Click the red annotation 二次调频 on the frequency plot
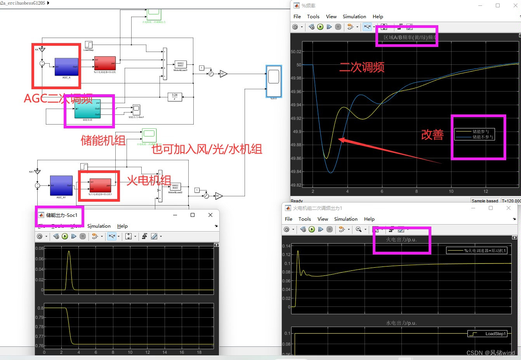coord(362,67)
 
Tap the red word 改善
coord(432,135)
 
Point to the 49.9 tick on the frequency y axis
coord(297,132)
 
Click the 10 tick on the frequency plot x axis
coord(451,191)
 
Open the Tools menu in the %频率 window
coord(313,17)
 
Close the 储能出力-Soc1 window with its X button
coord(210,215)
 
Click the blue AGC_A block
coord(66,67)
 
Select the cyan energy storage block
coord(87,109)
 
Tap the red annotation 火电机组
coord(149,180)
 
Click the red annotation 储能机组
coord(103,140)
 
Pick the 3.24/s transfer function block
coord(175,97)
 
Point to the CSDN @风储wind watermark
coord(490,353)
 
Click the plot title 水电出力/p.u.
coord(401,323)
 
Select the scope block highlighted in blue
coord(274,81)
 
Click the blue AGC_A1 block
coord(61,185)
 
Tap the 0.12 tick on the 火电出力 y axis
coord(286,254)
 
